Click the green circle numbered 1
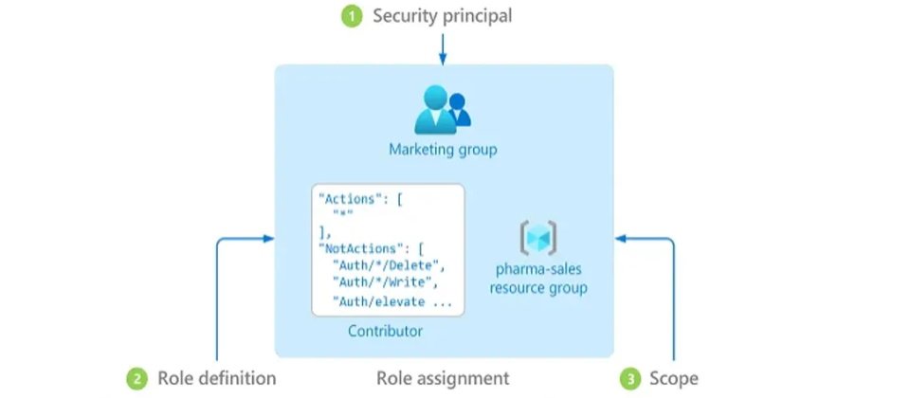click(352, 16)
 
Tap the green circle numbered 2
click(137, 379)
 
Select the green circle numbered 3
click(630, 379)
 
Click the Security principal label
click(443, 16)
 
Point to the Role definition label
click(216, 379)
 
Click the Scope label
click(673, 379)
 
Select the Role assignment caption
click(443, 379)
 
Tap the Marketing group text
click(443, 150)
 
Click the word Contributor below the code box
click(386, 332)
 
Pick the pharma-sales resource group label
click(538, 279)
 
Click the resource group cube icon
click(538, 237)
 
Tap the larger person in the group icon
click(435, 110)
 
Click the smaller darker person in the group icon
click(459, 110)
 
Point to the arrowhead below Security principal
click(443, 60)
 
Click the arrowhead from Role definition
click(268, 239)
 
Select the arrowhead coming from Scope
click(620, 239)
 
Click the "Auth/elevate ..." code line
click(391, 301)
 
